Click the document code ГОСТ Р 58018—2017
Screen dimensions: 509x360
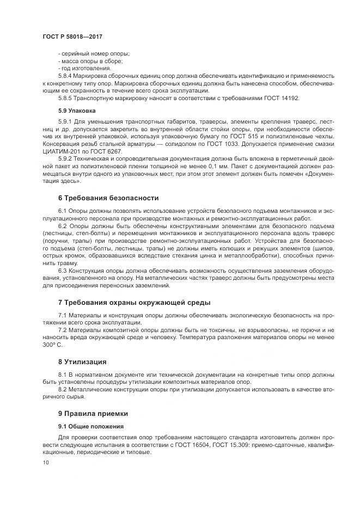pos(72,36)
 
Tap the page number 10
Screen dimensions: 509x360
pos(45,463)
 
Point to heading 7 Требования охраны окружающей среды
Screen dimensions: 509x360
pos(134,302)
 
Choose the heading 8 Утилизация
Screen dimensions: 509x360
pos(82,361)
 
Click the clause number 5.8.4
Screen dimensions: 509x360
pos(66,76)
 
